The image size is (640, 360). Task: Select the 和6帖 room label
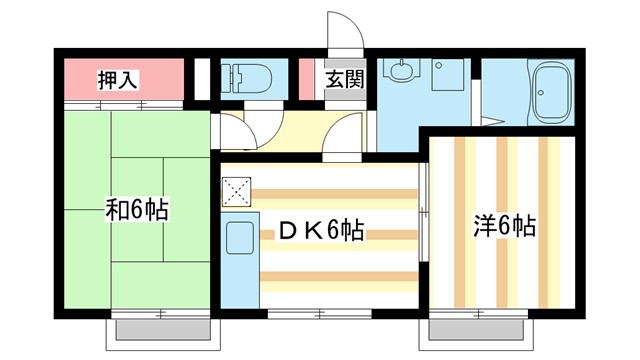pos(137,211)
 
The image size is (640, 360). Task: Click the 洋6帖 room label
pos(504,227)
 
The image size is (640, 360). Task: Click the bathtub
pos(551,90)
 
